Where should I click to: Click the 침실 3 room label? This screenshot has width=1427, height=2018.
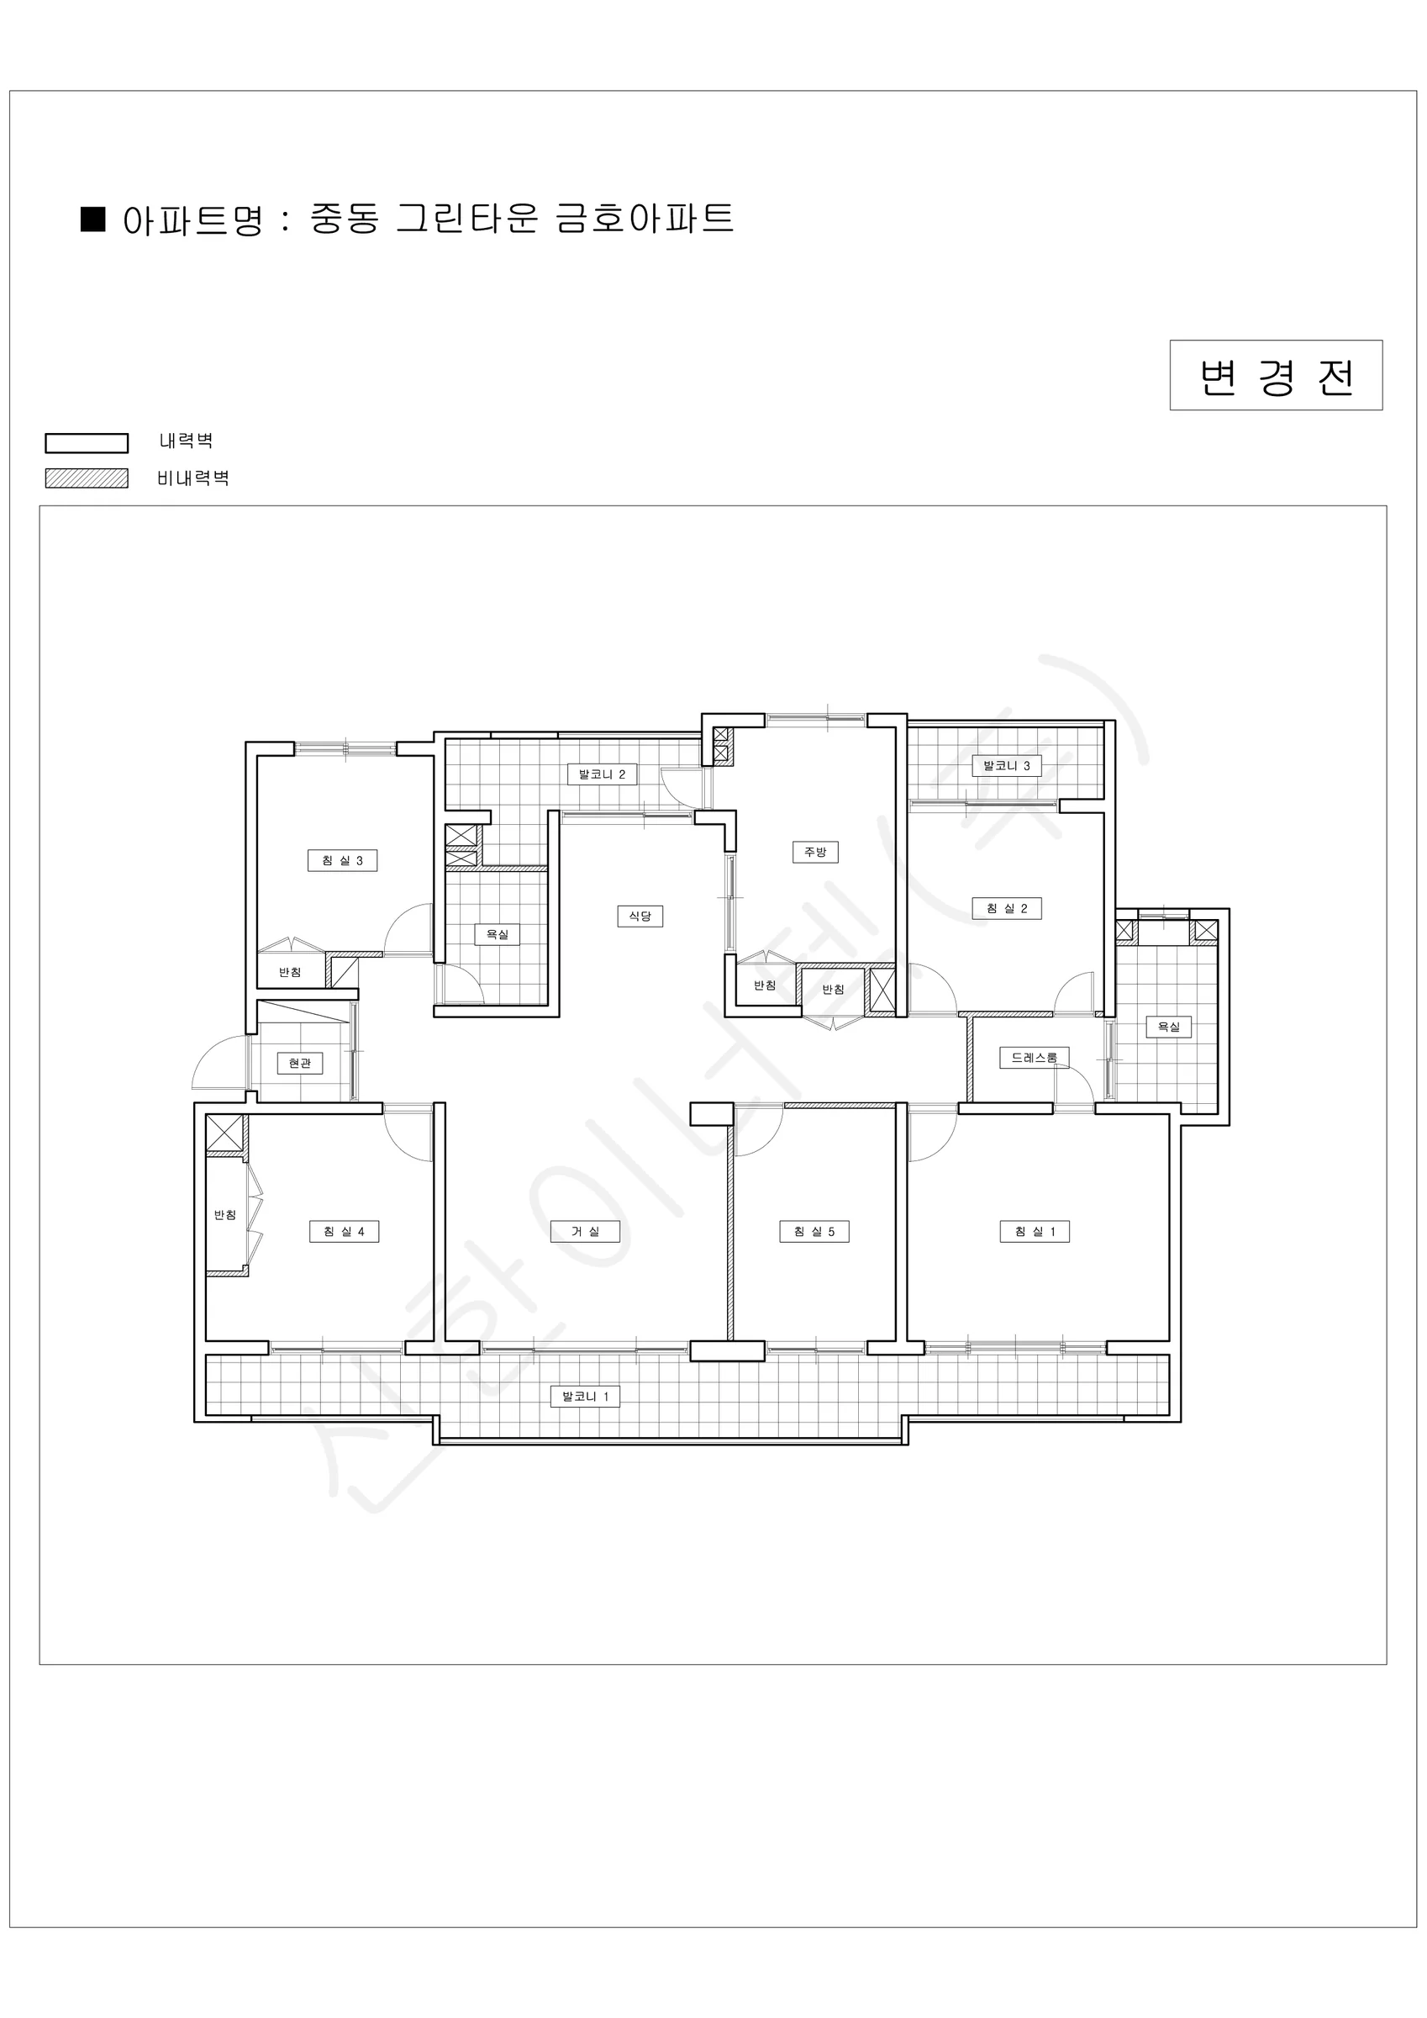pyautogui.click(x=343, y=860)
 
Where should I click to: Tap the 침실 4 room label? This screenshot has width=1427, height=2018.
pyautogui.click(x=344, y=1231)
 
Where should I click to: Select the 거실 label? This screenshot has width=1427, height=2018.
pyautogui.click(x=585, y=1231)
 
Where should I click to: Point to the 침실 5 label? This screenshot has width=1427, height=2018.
pyautogui.click(x=814, y=1231)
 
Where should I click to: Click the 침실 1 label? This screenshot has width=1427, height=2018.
pyautogui.click(x=1035, y=1231)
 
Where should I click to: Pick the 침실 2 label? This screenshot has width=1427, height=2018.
pyautogui.click(x=1007, y=908)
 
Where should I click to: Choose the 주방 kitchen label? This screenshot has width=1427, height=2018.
pyautogui.click(x=815, y=852)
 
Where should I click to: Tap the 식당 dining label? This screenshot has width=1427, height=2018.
pyautogui.click(x=640, y=916)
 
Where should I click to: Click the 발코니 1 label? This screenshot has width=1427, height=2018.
pyautogui.click(x=585, y=1397)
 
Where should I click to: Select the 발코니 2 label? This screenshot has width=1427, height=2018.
pyautogui.click(x=602, y=774)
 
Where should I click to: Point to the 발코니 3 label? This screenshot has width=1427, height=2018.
pyautogui.click(x=1006, y=765)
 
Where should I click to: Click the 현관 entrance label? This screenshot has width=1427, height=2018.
pyautogui.click(x=300, y=1063)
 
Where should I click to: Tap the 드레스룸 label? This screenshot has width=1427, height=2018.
pyautogui.click(x=1035, y=1057)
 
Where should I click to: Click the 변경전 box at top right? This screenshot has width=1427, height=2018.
pyautogui.click(x=1276, y=375)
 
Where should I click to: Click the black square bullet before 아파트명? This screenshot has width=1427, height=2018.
pyautogui.click(x=93, y=219)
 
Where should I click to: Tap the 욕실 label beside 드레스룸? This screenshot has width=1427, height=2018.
pyautogui.click(x=1169, y=1027)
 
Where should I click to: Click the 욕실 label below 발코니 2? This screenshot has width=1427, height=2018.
pyautogui.click(x=498, y=934)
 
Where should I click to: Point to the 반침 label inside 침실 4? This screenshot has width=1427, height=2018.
pyautogui.click(x=225, y=1215)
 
